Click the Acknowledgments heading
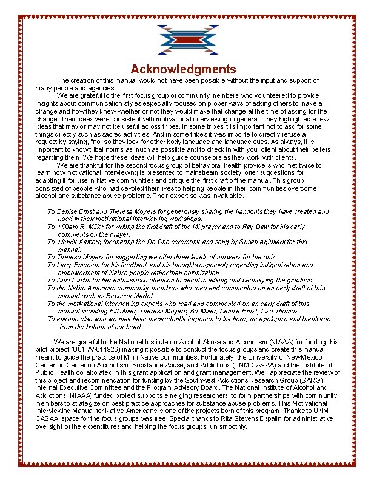[183, 69]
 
